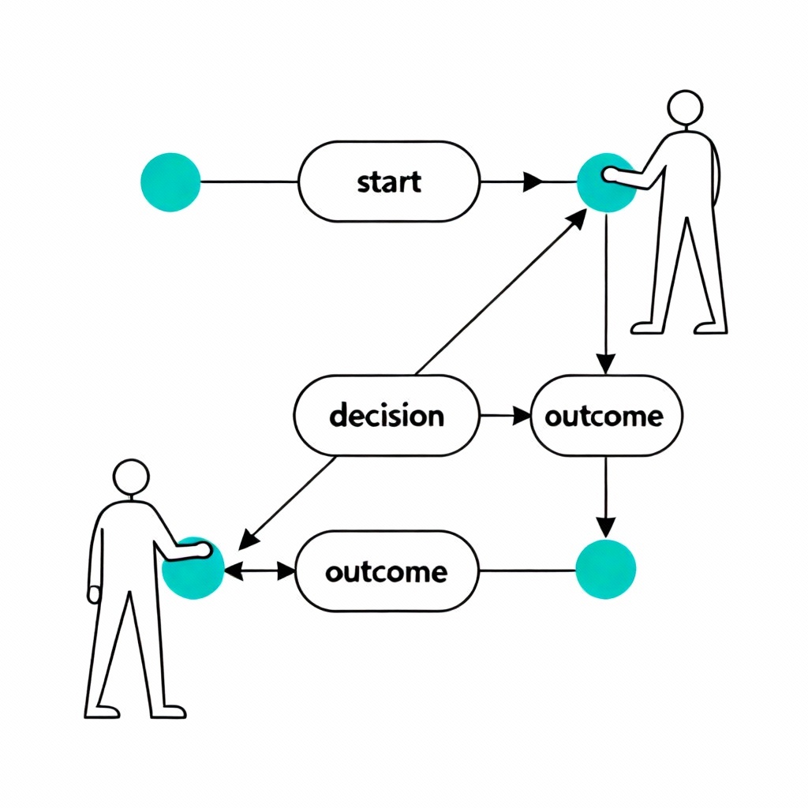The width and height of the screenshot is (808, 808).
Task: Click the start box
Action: (x=388, y=181)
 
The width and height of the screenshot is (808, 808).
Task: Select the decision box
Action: (x=387, y=415)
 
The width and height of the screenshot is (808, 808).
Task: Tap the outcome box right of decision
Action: (x=604, y=415)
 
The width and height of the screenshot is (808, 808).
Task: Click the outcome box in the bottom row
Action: (x=387, y=571)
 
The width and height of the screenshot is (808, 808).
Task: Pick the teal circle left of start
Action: (x=170, y=182)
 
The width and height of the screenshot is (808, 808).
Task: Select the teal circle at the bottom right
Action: (x=605, y=569)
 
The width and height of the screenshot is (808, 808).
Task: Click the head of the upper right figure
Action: (x=684, y=107)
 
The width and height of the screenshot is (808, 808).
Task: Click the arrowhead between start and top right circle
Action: (x=533, y=182)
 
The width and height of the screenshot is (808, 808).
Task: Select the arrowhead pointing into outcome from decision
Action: (x=521, y=415)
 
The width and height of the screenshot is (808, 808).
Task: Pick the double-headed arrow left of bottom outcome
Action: (x=260, y=571)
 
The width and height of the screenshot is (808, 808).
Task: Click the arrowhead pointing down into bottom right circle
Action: (x=605, y=526)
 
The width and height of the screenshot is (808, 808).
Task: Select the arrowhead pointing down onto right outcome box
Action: (x=605, y=362)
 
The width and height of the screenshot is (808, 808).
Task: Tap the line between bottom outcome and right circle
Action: (x=527, y=570)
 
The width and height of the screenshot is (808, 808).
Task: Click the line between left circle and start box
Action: (x=249, y=182)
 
